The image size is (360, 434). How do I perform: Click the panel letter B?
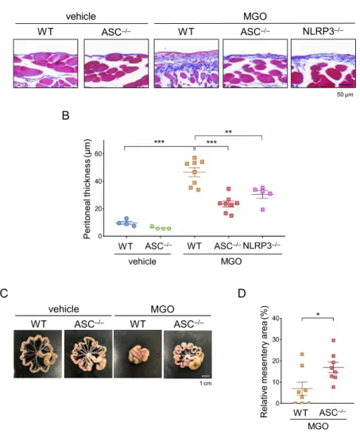pos(65,115)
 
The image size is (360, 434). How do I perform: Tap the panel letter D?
pos(242,293)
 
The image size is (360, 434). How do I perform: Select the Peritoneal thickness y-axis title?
pos(87,188)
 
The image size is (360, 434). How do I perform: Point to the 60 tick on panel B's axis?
pos(98,154)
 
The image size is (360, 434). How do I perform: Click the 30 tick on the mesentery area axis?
pos(275,339)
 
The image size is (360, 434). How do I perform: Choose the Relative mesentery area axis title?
pos(264,361)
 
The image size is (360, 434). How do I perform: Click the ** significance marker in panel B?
pos(228,132)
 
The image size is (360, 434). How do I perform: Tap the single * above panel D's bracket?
pos(318,315)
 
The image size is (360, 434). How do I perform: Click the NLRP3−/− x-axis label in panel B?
pos(261,246)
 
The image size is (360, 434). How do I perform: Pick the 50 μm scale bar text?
pos(345,95)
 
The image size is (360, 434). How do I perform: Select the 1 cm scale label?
pos(206,383)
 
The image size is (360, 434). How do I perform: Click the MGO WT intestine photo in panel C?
pos(137,354)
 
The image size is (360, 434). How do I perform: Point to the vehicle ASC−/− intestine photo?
pos(88,354)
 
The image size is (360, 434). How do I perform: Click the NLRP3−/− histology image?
pos(323,64)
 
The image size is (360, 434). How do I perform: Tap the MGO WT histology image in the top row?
pos(186,64)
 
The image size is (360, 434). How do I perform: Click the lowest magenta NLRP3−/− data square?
pos(262,210)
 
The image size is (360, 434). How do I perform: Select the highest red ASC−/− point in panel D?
pos(334,340)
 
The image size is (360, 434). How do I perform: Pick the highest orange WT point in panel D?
pos(302,355)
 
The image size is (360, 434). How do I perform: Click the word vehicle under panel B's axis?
pos(142,262)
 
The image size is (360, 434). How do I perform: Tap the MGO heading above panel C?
pos(162,309)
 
